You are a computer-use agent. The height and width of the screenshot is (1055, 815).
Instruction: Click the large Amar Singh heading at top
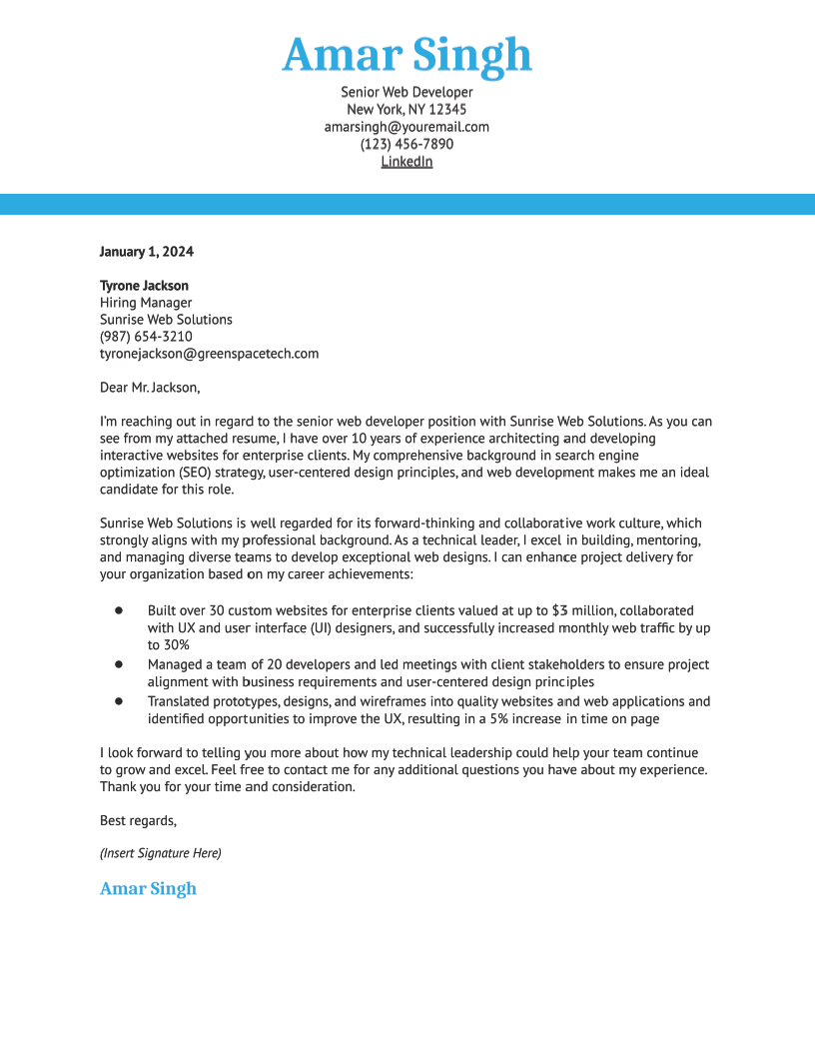coord(407,55)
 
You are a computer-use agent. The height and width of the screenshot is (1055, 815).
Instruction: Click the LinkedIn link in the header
coord(407,161)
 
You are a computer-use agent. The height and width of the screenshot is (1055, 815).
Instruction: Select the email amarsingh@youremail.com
coord(407,127)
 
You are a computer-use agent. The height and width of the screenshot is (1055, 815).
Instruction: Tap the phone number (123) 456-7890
coord(407,144)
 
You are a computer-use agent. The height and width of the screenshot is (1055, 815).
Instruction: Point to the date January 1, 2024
coord(147,252)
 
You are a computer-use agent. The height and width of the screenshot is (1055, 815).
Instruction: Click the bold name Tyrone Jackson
coord(144,286)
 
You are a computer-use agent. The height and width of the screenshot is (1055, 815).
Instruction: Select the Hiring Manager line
coord(146,303)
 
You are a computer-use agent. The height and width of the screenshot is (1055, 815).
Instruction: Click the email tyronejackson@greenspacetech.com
coord(209,354)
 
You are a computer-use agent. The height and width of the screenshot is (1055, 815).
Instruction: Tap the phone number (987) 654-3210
coord(146,337)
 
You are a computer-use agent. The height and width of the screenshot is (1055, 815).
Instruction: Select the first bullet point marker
coord(118,609)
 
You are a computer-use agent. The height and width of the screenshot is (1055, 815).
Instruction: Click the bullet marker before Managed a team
coord(118,663)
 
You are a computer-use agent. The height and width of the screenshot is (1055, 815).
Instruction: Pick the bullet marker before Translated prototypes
coord(118,701)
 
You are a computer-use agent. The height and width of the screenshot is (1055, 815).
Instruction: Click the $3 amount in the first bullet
coord(560,610)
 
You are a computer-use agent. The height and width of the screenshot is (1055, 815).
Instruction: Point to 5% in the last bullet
coord(499,719)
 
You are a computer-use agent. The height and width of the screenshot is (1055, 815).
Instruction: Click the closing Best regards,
coord(138,821)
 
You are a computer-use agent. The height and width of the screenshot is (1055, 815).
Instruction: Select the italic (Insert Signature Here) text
coord(161,853)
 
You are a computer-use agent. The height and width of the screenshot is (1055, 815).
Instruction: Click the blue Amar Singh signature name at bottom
coord(148,889)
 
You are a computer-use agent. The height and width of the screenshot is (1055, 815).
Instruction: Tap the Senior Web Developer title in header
coord(407,93)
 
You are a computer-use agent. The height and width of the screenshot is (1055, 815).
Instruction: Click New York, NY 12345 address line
coord(407,110)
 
